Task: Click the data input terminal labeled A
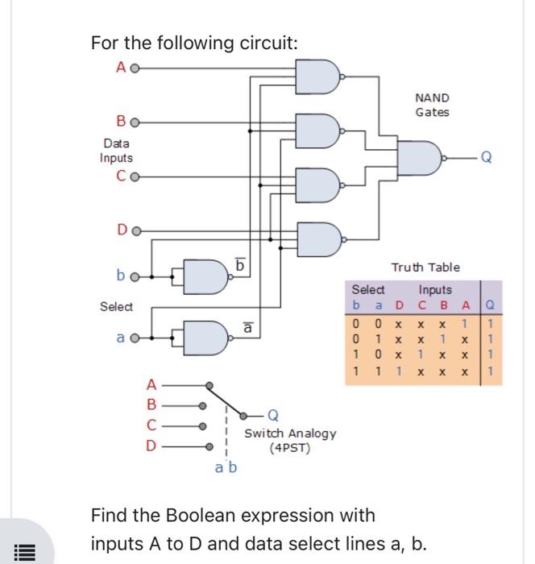coord(134,68)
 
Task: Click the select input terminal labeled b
coord(134,276)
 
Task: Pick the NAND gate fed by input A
coord(317,77)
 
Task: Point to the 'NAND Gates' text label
coord(432,105)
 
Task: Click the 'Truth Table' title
coord(425,267)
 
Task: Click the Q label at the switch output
coord(274,416)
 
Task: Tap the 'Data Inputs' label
coord(116,151)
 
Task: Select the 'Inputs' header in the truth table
coord(435,289)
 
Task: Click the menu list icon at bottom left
coord(25,552)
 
